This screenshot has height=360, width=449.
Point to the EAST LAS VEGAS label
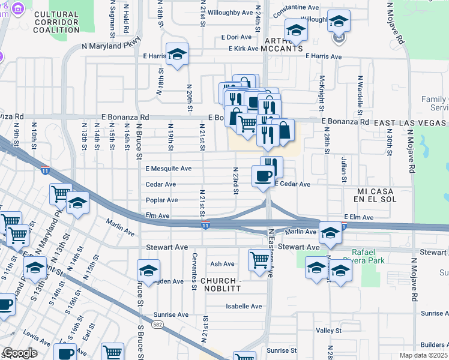point(411,122)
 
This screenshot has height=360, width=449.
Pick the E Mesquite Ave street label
point(168,169)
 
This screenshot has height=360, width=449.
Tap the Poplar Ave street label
point(161,200)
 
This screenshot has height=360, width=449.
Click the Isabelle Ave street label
point(244,306)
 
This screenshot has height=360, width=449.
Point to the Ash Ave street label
point(222,264)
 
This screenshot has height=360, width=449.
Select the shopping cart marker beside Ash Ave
point(259,260)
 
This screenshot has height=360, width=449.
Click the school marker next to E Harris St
point(178,54)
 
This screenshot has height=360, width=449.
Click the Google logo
point(20,353)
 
